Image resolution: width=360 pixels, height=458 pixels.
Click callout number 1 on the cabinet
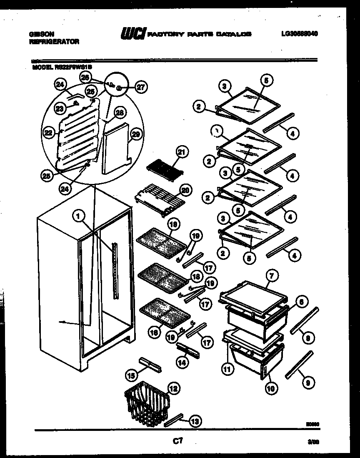(77, 215)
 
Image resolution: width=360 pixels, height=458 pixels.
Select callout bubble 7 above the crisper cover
(271, 276)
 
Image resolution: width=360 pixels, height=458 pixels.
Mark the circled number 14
(182, 362)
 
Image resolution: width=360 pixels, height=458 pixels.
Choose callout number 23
(60, 108)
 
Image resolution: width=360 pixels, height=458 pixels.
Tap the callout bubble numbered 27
(142, 87)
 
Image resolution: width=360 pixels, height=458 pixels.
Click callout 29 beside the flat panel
(135, 134)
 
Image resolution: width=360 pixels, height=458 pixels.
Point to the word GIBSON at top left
(41, 34)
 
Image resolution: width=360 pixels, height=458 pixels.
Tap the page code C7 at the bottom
(178, 440)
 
